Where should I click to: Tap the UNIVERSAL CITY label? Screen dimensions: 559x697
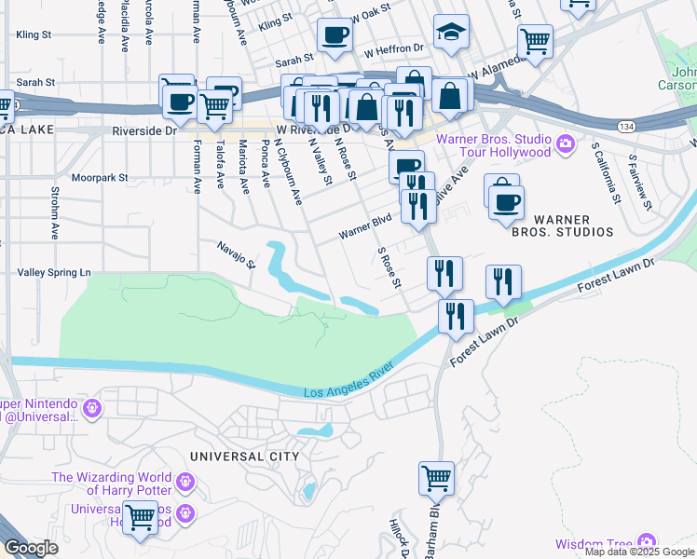tap(244, 457)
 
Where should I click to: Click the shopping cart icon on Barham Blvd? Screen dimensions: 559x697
tap(436, 479)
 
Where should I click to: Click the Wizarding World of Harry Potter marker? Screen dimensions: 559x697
tap(185, 483)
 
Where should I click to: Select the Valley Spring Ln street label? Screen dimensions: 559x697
tap(55, 272)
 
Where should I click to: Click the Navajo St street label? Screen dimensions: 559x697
tap(238, 252)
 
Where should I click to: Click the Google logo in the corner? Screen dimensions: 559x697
tap(31, 548)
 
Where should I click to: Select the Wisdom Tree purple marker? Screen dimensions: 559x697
tap(644, 543)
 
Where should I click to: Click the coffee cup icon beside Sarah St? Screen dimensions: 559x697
tap(334, 36)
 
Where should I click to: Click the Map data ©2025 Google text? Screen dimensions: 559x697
tap(639, 552)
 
